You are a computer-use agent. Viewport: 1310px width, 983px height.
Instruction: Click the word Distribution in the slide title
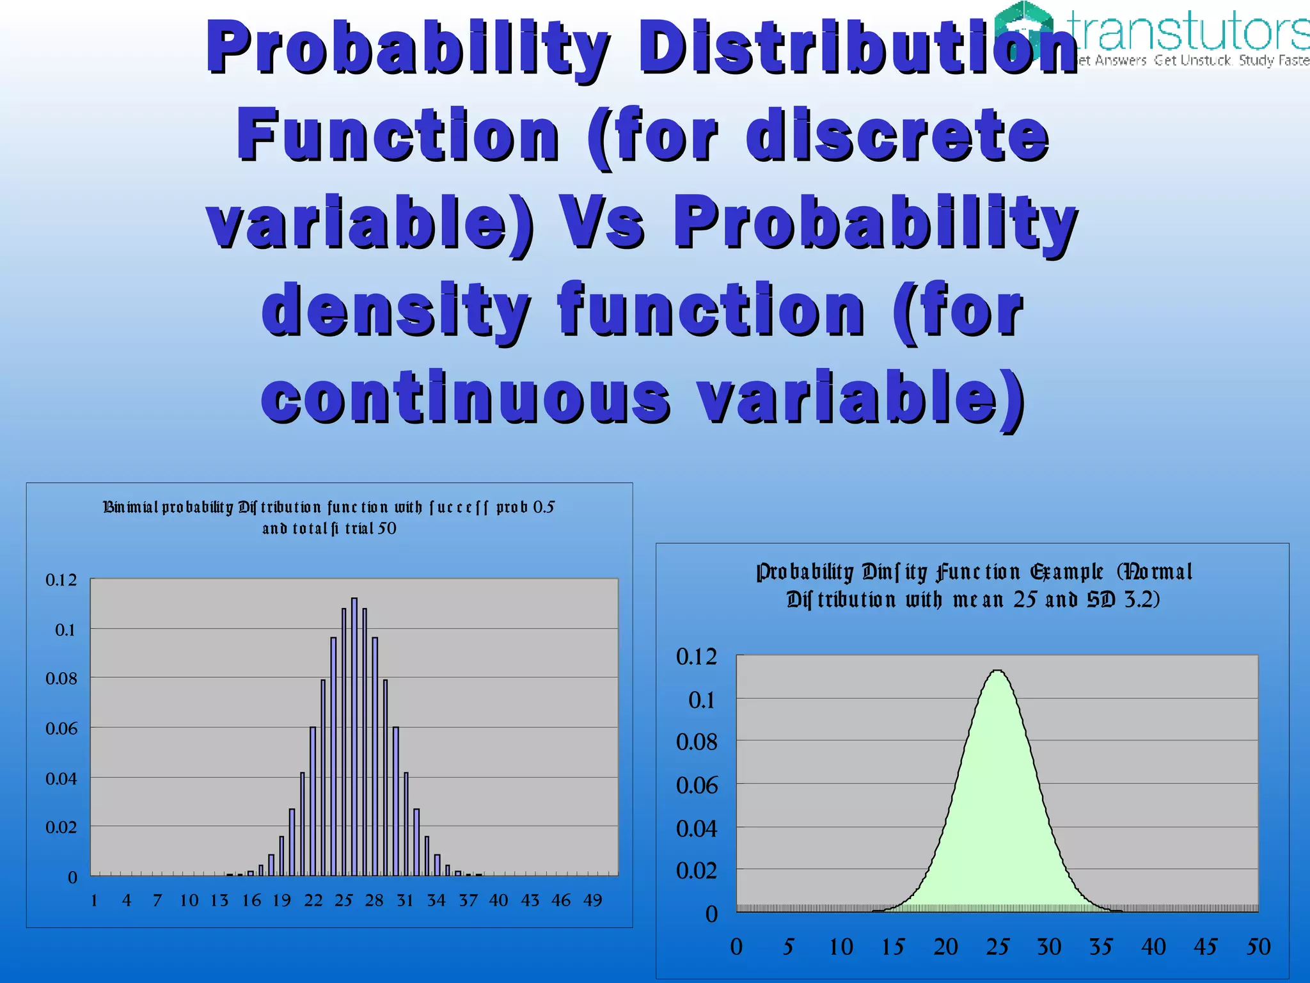coord(857,49)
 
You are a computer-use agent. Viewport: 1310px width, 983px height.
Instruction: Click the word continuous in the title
coord(466,398)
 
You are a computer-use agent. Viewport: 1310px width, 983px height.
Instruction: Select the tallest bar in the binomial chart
coord(354,736)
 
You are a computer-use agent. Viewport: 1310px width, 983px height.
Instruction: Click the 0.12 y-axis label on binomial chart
coord(61,580)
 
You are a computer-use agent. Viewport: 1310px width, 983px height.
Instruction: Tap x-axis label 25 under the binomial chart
coord(343,900)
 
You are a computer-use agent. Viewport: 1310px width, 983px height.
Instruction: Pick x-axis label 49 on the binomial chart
coord(592,900)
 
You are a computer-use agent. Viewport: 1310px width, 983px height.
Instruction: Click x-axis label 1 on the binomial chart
coord(94,900)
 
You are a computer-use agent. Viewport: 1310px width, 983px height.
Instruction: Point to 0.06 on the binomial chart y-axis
coord(61,729)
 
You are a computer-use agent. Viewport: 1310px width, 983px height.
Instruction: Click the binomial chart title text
coord(329,517)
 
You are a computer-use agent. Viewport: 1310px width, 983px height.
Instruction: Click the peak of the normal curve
coord(997,671)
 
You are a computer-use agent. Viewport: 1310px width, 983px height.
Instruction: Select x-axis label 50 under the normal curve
coord(1258,947)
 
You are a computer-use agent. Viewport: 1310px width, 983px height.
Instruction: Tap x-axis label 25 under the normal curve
coord(997,947)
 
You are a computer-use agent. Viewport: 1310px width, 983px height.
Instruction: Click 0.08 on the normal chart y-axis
coord(697,742)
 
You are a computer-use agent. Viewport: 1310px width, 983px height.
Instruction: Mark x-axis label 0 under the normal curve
coord(736,947)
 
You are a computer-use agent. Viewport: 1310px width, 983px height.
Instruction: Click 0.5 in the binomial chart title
coord(544,507)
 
